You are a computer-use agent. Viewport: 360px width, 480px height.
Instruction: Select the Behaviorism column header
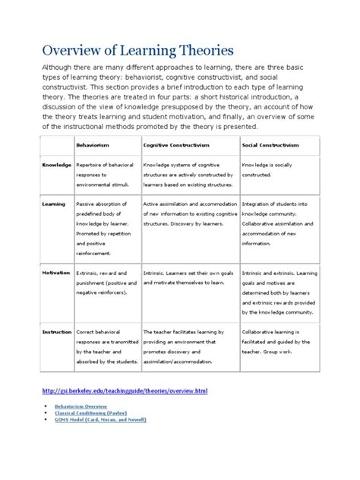click(x=92, y=144)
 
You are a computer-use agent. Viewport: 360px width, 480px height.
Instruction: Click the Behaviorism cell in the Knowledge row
click(x=104, y=174)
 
